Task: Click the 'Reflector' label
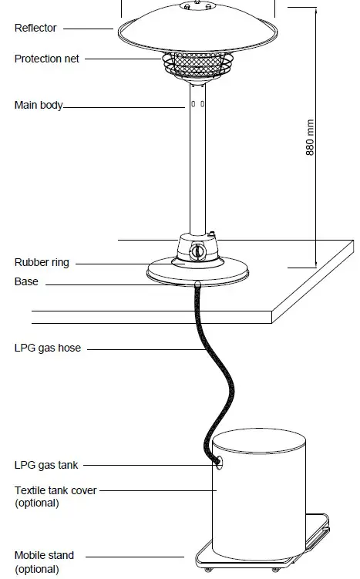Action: point(35,29)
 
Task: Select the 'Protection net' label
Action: point(46,59)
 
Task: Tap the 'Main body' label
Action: point(39,105)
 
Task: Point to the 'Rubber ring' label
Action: point(42,262)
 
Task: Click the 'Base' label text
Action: point(26,282)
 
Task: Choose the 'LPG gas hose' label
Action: point(47,348)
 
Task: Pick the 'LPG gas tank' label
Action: point(46,465)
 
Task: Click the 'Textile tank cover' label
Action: point(56,490)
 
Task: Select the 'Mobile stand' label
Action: point(44,555)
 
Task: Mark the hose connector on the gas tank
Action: point(218,463)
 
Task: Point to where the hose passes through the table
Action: point(197,286)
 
